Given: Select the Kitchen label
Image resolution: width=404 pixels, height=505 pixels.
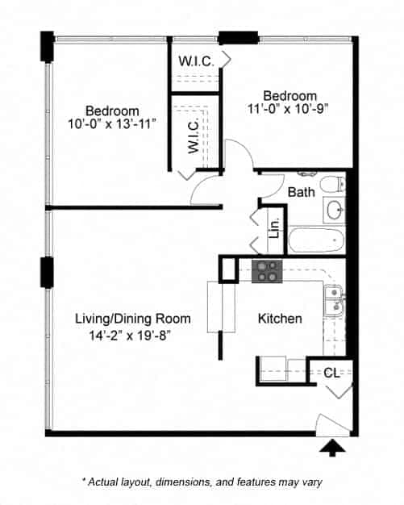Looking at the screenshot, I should point(280,319).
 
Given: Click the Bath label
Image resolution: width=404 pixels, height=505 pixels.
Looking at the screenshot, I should point(301,192).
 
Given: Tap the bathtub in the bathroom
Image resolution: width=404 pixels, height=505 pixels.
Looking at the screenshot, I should point(316,240).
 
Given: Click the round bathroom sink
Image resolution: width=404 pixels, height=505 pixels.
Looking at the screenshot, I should point(335,211).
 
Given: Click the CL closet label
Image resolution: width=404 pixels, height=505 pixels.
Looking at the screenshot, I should point(331,373).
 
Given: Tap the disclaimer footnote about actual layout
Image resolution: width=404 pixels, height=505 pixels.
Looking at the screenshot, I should point(202,482).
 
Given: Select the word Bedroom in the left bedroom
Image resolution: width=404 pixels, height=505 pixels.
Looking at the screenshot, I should point(112,111).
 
